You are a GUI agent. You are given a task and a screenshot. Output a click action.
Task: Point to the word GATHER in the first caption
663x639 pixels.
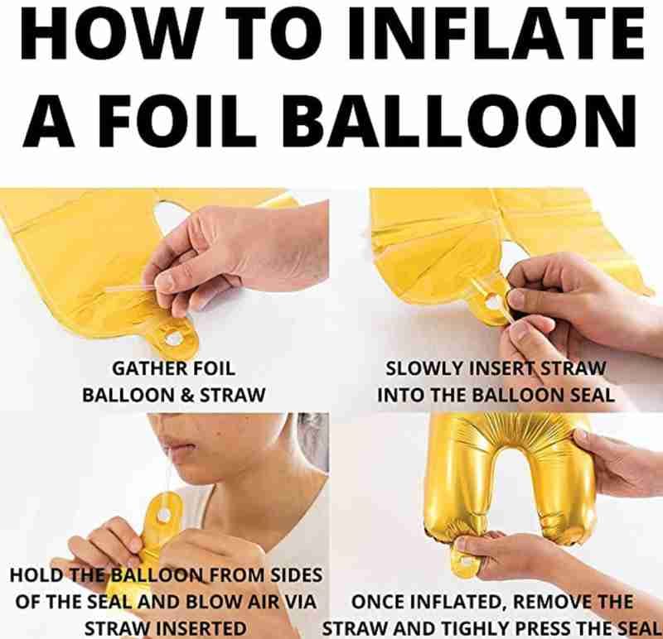(x=148, y=368)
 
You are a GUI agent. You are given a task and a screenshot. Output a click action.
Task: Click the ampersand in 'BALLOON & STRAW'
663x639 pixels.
(x=190, y=395)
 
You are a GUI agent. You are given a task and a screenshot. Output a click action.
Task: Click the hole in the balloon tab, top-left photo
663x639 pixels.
(x=173, y=338)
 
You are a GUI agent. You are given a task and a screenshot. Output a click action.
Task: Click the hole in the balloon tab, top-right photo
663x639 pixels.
(x=492, y=301)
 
